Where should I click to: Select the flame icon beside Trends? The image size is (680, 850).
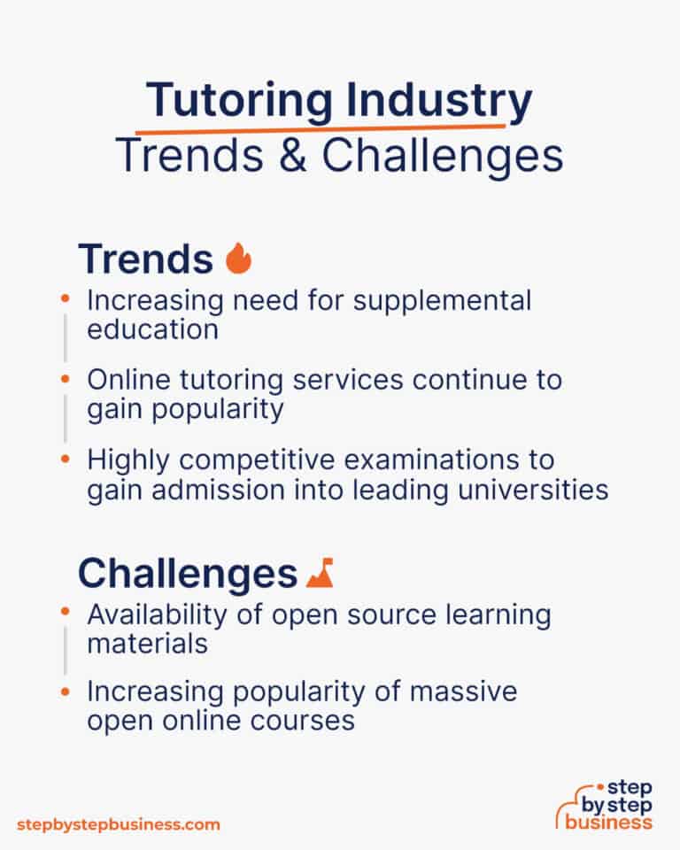click(239, 259)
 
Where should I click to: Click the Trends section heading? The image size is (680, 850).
click(145, 259)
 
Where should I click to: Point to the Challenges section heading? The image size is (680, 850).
click(187, 573)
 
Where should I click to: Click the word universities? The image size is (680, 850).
click(529, 490)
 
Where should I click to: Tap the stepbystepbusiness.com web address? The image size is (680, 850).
click(118, 824)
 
